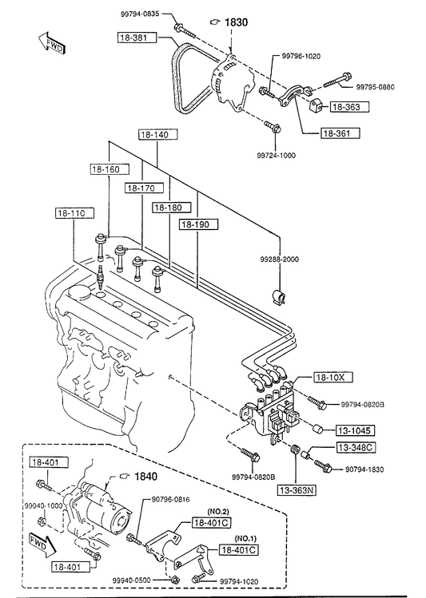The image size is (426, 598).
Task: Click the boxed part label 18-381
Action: click(x=137, y=38)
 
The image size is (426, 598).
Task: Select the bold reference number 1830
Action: click(x=237, y=22)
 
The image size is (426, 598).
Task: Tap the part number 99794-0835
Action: click(x=140, y=14)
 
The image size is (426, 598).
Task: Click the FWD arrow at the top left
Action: click(x=52, y=43)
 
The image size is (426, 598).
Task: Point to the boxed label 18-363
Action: click(x=346, y=107)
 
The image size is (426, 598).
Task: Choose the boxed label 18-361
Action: click(x=336, y=133)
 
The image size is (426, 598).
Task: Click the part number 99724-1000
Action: click(x=276, y=156)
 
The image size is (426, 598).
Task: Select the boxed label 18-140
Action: click(x=158, y=135)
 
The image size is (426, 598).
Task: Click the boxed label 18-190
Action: click(x=198, y=224)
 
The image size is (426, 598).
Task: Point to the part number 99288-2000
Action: click(x=280, y=259)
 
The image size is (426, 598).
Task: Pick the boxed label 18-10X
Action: click(x=333, y=377)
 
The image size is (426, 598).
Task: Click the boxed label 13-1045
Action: click(x=355, y=430)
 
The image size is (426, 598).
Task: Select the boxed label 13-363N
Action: click(x=297, y=490)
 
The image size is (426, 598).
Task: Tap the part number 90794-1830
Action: click(x=364, y=469)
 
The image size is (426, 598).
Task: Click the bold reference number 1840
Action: click(x=145, y=477)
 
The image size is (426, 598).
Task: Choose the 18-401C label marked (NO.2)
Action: click(x=213, y=522)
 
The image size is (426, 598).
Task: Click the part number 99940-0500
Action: click(x=132, y=580)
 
